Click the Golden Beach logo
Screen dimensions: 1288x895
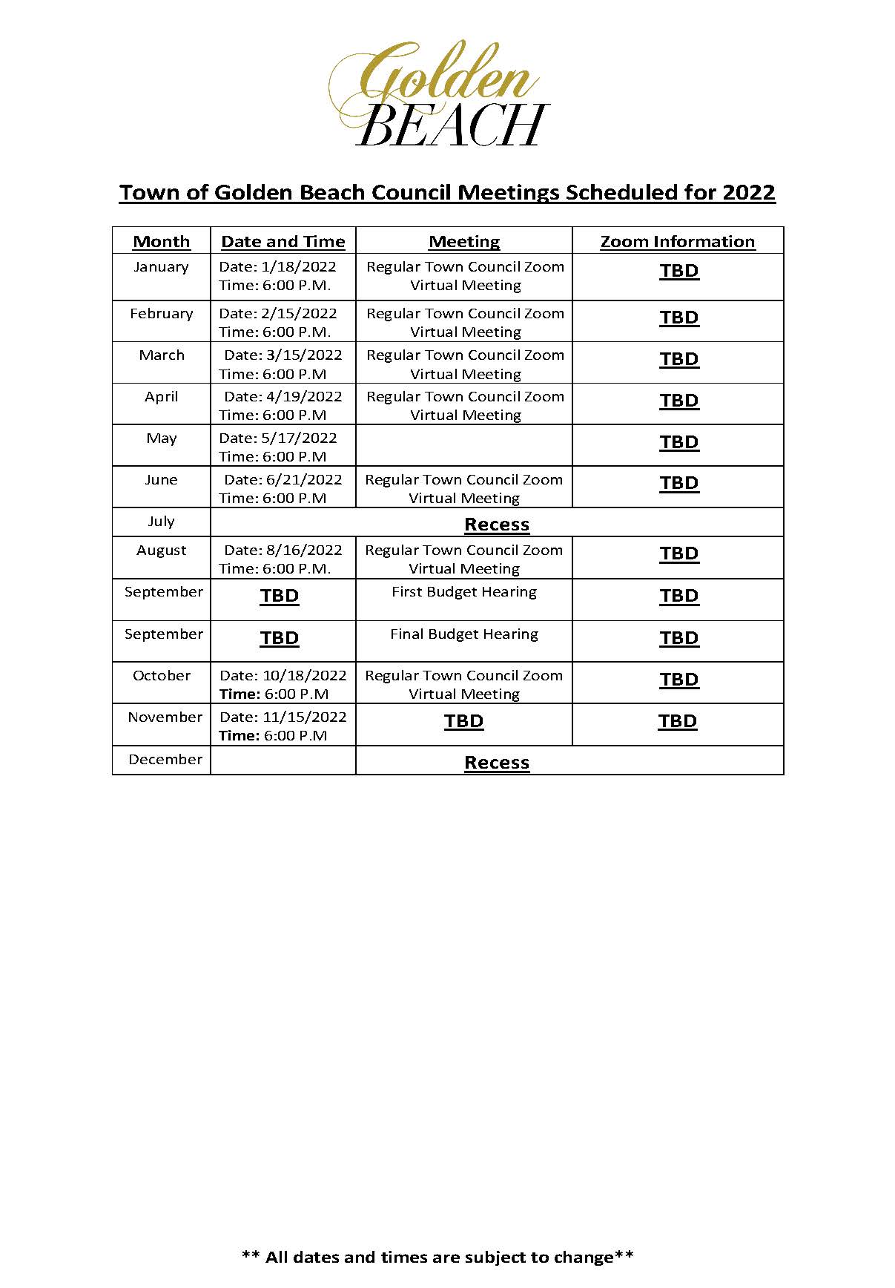point(439,94)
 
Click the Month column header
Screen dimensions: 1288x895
point(162,242)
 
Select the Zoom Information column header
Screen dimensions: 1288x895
point(677,242)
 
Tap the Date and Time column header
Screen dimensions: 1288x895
point(283,242)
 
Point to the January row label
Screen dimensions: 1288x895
point(161,267)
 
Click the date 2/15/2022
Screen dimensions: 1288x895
point(299,314)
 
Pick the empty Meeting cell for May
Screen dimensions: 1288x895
point(464,446)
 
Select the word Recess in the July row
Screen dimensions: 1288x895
point(497,525)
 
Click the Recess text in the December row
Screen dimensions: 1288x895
point(497,763)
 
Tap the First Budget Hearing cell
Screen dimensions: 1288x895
point(464,592)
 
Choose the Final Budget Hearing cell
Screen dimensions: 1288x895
point(464,634)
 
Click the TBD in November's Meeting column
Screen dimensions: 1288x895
point(463,721)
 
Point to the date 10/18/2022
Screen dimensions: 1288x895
point(304,676)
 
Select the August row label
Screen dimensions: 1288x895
point(162,551)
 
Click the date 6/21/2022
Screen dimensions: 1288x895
point(304,480)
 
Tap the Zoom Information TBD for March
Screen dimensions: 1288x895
point(679,359)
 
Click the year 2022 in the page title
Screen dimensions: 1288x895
point(749,193)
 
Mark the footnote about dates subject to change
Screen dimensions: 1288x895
point(437,1257)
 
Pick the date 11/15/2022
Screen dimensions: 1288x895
point(304,717)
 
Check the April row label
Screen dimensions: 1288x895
point(162,397)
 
